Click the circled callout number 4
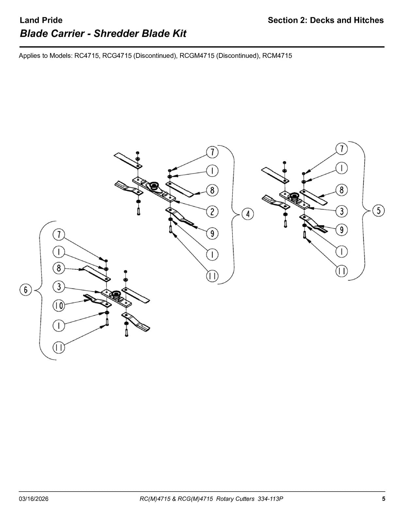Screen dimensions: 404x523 click(x=248, y=214)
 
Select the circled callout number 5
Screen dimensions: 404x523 click(x=379, y=211)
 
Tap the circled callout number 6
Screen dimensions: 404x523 click(x=25, y=290)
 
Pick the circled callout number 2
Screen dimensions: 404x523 click(x=212, y=212)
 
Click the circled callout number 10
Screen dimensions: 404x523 click(x=59, y=306)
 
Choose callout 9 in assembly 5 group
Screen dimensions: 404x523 click(x=342, y=230)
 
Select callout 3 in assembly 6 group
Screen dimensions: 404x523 click(x=59, y=287)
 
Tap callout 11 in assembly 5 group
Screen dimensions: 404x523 click(x=342, y=271)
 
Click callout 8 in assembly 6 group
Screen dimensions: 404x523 click(x=59, y=268)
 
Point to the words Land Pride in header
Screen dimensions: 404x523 click(x=41, y=20)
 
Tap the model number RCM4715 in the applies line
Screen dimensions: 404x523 click(x=277, y=56)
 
